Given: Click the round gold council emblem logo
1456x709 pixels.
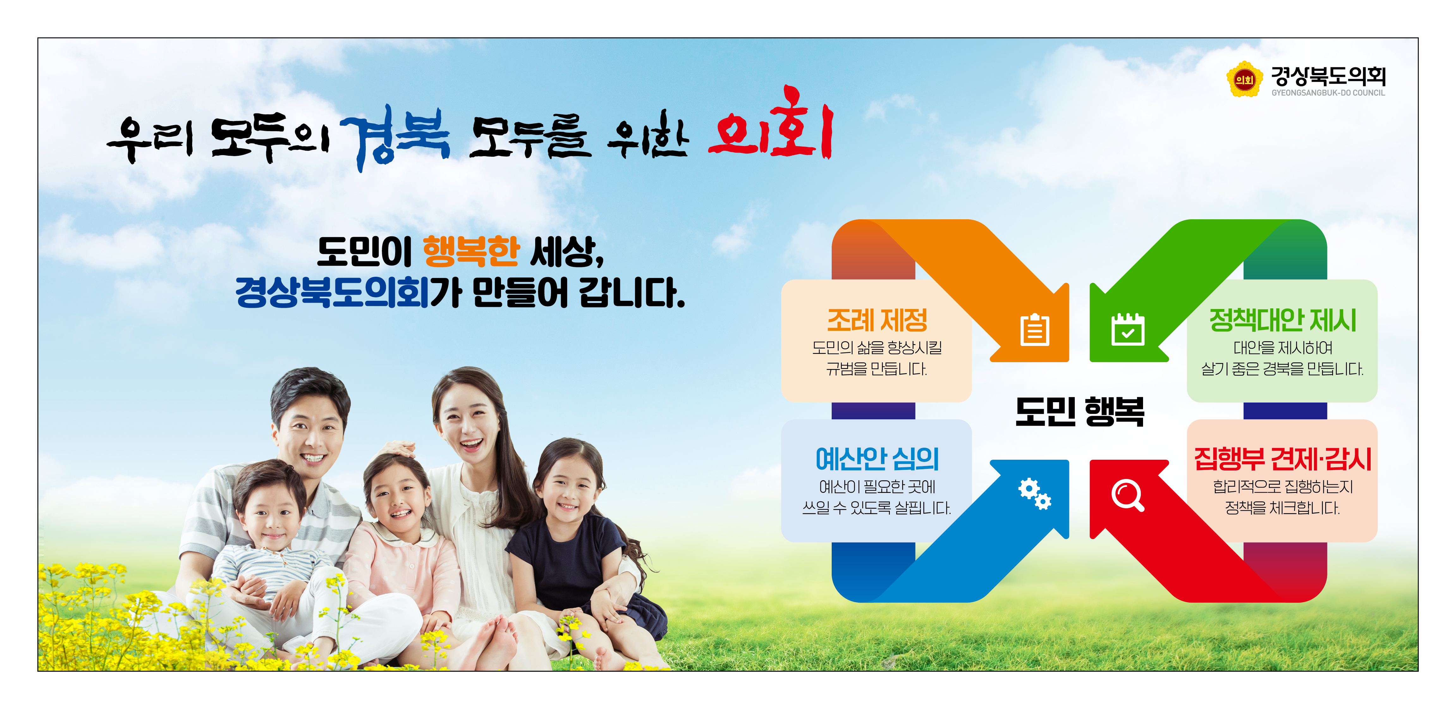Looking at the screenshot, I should click(1244, 80).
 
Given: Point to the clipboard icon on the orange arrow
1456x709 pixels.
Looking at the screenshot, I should click(1034, 330).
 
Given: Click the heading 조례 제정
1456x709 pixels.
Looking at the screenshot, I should click(877, 320).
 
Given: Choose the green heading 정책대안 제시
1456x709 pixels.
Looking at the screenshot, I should click(1282, 320).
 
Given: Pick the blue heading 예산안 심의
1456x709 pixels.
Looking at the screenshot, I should click(877, 459).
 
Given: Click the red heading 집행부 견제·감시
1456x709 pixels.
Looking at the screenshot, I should click(1282, 459).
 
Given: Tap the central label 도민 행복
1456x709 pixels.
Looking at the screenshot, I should click(1080, 411).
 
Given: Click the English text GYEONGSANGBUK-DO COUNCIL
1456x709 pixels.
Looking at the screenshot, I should click(1328, 93).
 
